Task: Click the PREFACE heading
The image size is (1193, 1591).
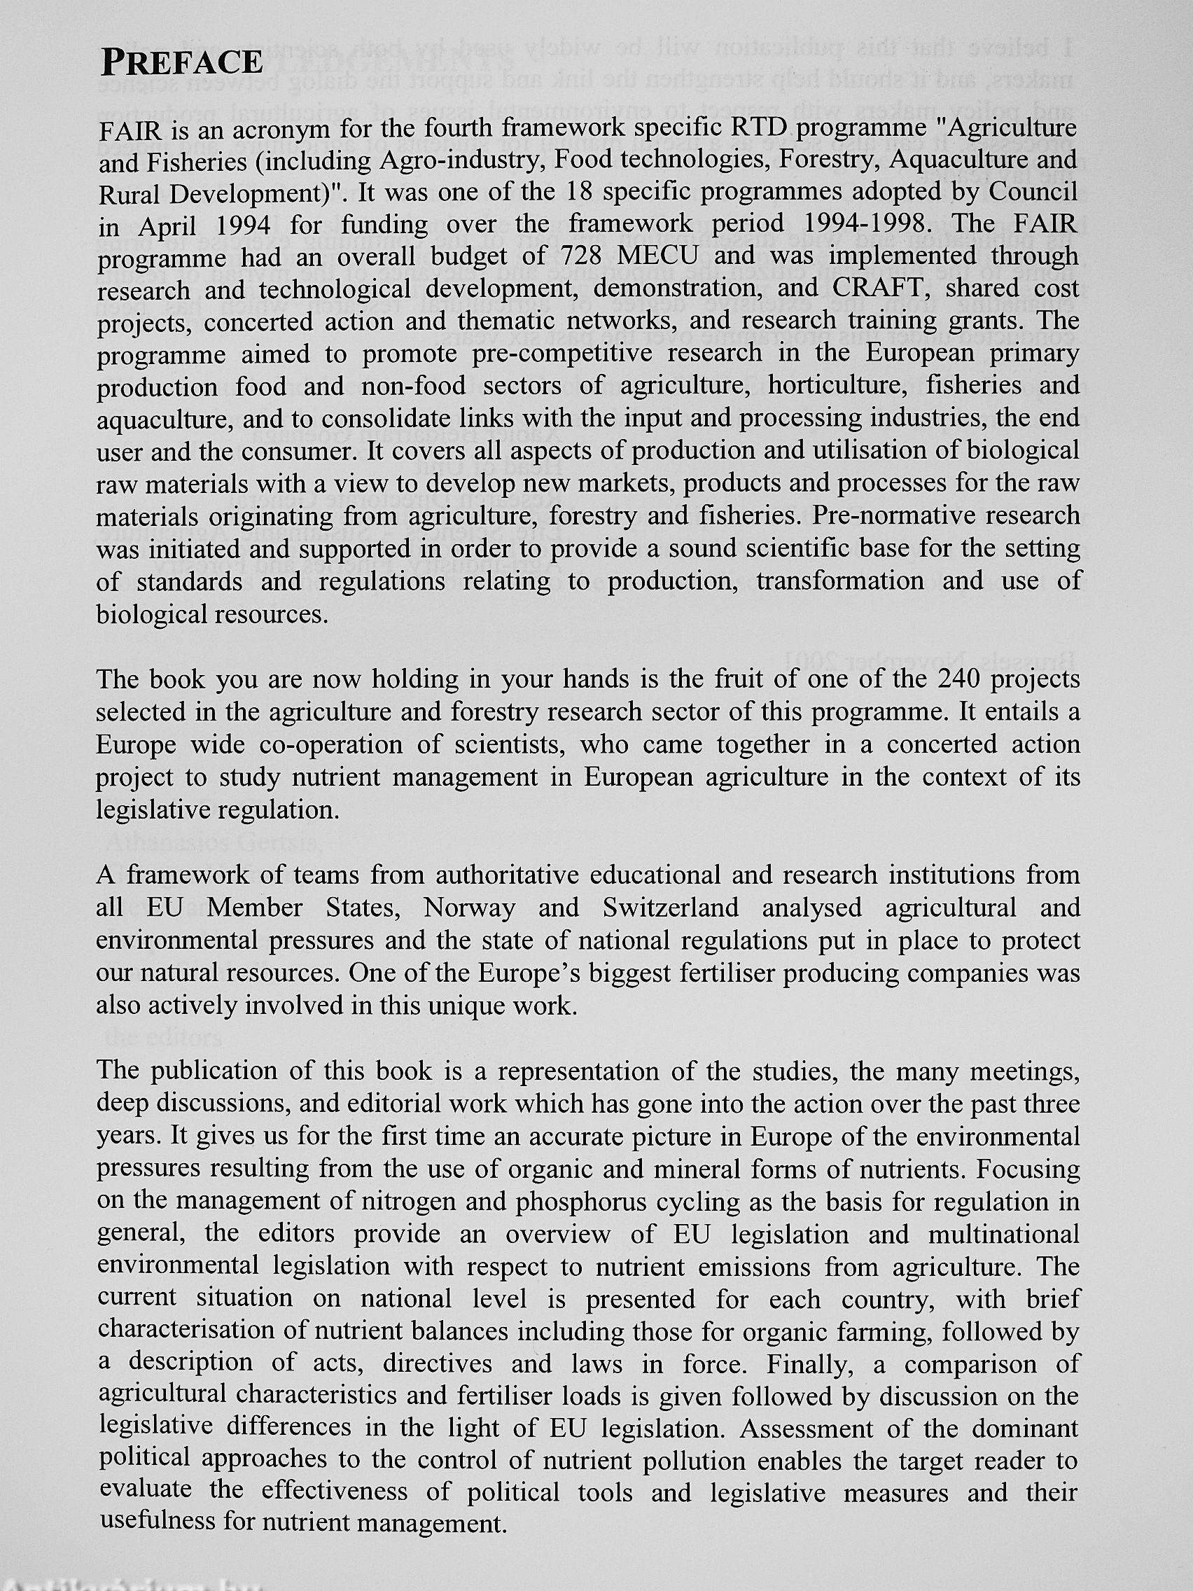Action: (x=181, y=62)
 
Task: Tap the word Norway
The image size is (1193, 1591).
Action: (x=470, y=908)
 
